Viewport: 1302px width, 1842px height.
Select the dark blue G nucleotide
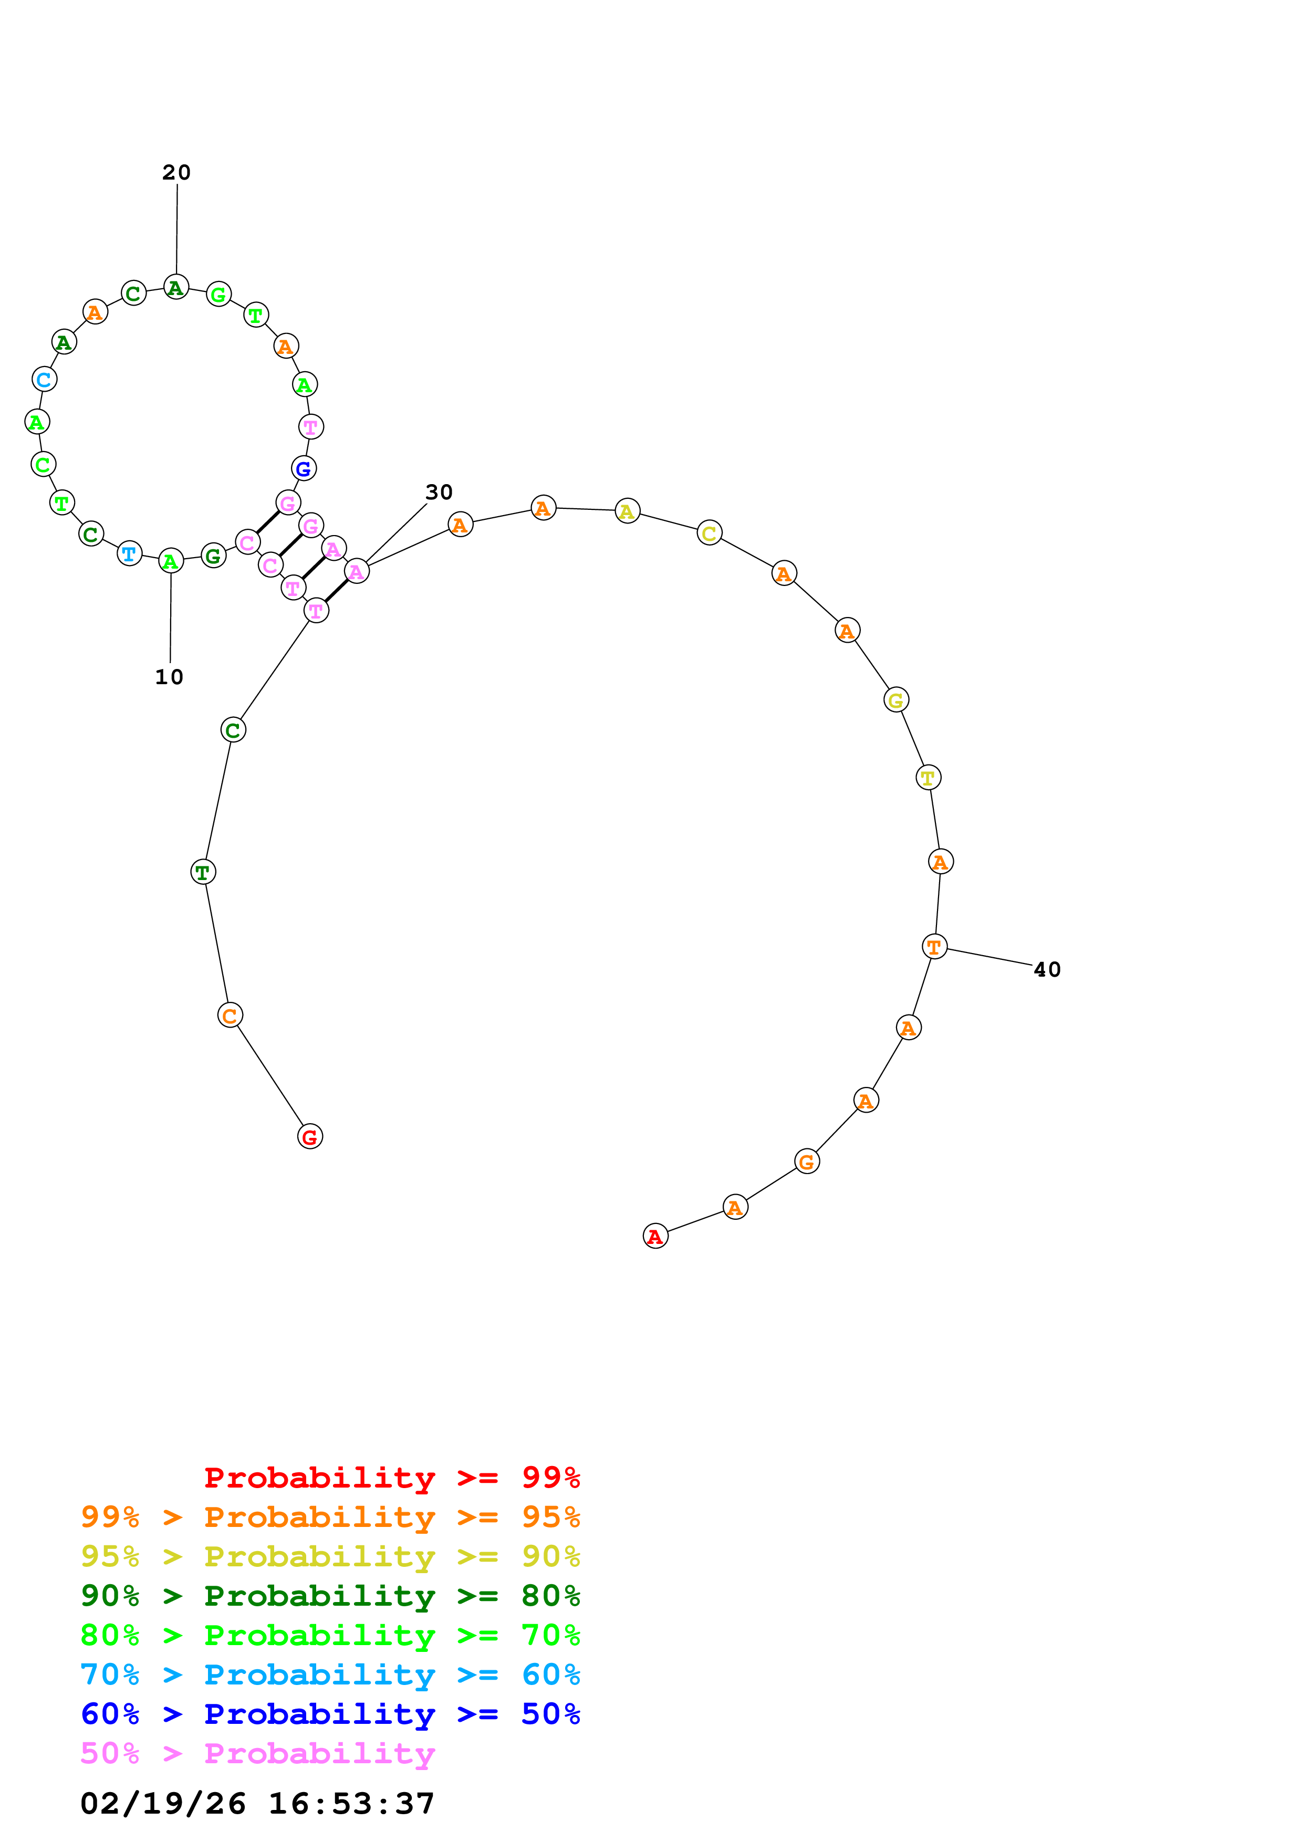[x=303, y=468]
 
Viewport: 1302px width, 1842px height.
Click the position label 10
[x=169, y=677]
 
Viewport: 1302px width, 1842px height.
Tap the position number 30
[x=439, y=492]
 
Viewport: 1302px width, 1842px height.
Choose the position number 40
[x=1047, y=969]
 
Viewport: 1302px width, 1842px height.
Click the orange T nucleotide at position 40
[x=934, y=947]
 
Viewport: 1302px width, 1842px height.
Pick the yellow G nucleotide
[x=895, y=700]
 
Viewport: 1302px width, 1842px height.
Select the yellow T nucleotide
[x=928, y=778]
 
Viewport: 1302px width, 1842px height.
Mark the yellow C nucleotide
[x=709, y=533]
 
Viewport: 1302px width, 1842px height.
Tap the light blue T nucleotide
[x=129, y=553]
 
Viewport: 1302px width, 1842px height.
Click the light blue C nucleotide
[x=44, y=380]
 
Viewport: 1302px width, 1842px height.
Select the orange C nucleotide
[x=230, y=1015]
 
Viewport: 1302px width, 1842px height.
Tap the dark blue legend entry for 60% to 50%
[x=330, y=1714]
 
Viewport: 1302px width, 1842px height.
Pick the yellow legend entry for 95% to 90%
[x=330, y=1556]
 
